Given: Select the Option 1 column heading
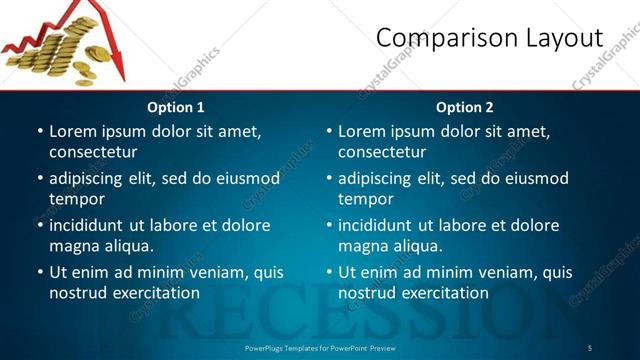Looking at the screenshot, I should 176,107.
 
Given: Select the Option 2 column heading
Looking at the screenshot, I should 465,107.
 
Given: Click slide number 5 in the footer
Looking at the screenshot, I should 589,347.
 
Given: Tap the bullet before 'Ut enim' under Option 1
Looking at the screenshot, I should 40,272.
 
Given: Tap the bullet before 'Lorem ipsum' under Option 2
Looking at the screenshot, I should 329,131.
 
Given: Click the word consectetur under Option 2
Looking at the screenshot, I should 382,152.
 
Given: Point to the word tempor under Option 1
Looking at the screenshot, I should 77,200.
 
